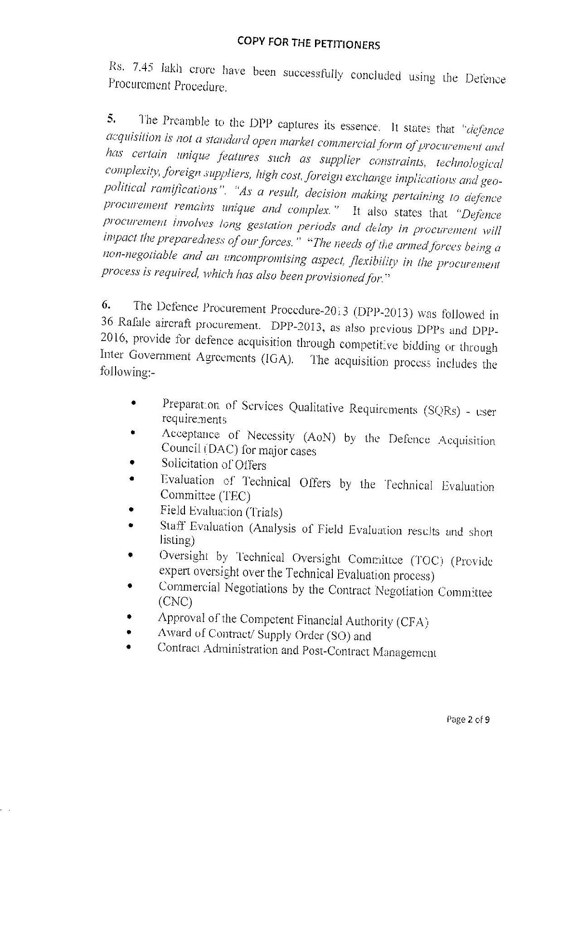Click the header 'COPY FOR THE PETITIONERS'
[x=308, y=44]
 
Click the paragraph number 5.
[x=110, y=118]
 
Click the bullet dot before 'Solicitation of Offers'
[x=132, y=463]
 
